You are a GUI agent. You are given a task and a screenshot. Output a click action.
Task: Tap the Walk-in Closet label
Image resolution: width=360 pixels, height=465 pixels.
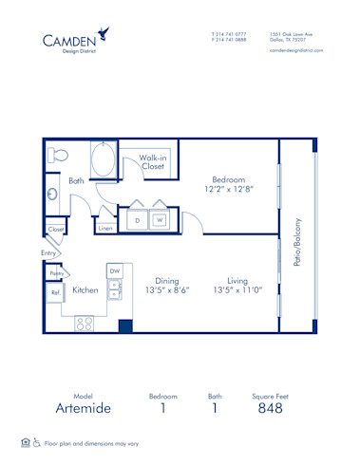[x=153, y=162]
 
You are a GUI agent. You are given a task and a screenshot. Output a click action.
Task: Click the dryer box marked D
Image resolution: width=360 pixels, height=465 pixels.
[x=138, y=220]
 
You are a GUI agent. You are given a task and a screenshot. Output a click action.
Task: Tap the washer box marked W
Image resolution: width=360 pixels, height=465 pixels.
[x=160, y=220]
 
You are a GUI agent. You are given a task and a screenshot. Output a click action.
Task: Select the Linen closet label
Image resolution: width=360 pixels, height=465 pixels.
[x=105, y=228]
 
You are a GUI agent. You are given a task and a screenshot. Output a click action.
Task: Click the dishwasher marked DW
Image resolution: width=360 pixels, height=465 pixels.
[x=115, y=271]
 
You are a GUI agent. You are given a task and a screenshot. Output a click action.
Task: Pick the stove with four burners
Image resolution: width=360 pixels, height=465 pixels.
[x=85, y=323]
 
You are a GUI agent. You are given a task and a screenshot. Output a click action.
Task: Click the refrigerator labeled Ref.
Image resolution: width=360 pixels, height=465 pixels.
[x=55, y=293]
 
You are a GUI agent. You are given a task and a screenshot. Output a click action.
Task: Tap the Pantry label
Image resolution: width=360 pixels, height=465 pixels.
[x=56, y=273]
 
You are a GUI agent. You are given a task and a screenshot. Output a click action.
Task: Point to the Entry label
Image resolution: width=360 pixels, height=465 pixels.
[x=47, y=253]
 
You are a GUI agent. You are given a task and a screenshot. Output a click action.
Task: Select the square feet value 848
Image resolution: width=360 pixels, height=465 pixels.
[x=270, y=408]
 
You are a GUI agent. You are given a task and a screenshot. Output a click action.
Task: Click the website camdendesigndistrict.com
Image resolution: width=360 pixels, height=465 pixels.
[x=296, y=50]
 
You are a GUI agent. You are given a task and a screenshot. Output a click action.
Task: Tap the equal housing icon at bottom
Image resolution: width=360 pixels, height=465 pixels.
[x=25, y=441]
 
